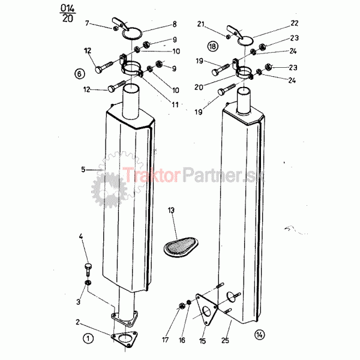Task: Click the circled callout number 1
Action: point(88,338)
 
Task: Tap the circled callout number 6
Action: point(79,74)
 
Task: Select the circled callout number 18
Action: point(212,46)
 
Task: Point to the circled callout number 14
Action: point(259,335)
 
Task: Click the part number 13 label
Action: point(171,210)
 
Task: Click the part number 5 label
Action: point(83,170)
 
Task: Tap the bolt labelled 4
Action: point(88,270)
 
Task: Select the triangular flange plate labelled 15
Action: point(206,309)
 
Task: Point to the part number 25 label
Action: point(225,340)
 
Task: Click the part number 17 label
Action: point(166,340)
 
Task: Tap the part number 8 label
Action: point(175,24)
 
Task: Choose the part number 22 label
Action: point(295,23)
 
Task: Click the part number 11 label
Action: point(175,104)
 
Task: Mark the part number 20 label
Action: point(199,87)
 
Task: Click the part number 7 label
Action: point(87,23)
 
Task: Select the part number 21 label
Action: point(201,24)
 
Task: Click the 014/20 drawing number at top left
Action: point(67,13)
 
